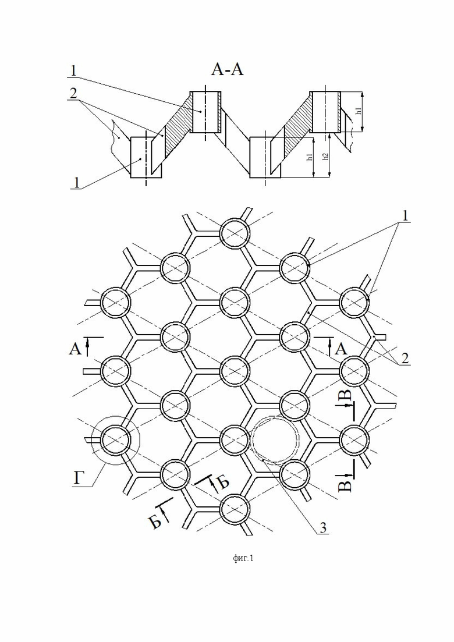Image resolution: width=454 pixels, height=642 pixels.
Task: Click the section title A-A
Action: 227,70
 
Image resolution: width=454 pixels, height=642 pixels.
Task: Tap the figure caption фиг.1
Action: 243,559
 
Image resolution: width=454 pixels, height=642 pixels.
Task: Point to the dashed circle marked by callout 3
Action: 275,439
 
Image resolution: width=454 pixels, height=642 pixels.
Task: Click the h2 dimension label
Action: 327,155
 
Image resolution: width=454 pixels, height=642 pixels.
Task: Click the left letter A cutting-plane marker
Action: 75,349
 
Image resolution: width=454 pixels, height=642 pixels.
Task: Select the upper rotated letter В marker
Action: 345,396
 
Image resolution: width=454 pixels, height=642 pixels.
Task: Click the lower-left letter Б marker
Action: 155,522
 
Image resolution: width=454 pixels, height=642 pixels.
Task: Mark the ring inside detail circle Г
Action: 115,439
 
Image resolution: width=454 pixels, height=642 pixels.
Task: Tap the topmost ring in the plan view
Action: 235,235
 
